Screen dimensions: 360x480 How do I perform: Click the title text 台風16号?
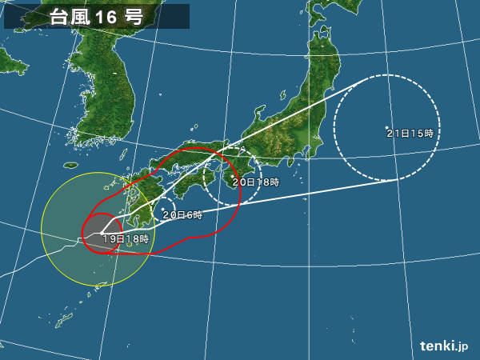pyautogui.click(x=96, y=17)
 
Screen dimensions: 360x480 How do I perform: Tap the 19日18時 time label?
pyautogui.click(x=125, y=238)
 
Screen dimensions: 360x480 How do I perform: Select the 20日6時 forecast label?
pyautogui.click(x=182, y=215)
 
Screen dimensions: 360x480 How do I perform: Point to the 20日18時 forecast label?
pyautogui.click(x=255, y=182)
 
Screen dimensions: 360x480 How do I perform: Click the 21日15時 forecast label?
pyautogui.click(x=410, y=134)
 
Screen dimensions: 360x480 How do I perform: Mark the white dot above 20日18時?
pyautogui.click(x=232, y=177)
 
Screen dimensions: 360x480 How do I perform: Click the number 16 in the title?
pyautogui.click(x=106, y=17)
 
